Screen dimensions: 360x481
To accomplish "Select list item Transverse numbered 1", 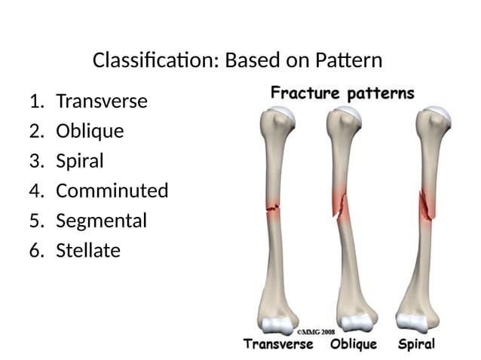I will (102, 101).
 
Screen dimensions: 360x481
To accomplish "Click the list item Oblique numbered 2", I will (90, 131).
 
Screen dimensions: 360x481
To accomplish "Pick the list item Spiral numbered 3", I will (80, 161).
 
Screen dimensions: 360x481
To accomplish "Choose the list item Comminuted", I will (112, 191).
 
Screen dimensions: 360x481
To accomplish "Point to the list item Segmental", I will (101, 221).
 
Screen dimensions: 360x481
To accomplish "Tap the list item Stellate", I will (88, 250).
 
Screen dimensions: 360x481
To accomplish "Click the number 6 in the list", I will (35, 250).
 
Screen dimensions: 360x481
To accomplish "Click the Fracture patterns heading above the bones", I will (342, 94).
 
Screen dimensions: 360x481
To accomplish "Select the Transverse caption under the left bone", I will (277, 344).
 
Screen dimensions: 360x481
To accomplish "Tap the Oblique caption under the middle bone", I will (354, 344).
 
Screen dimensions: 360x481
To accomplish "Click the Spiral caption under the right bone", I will (416, 344).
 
